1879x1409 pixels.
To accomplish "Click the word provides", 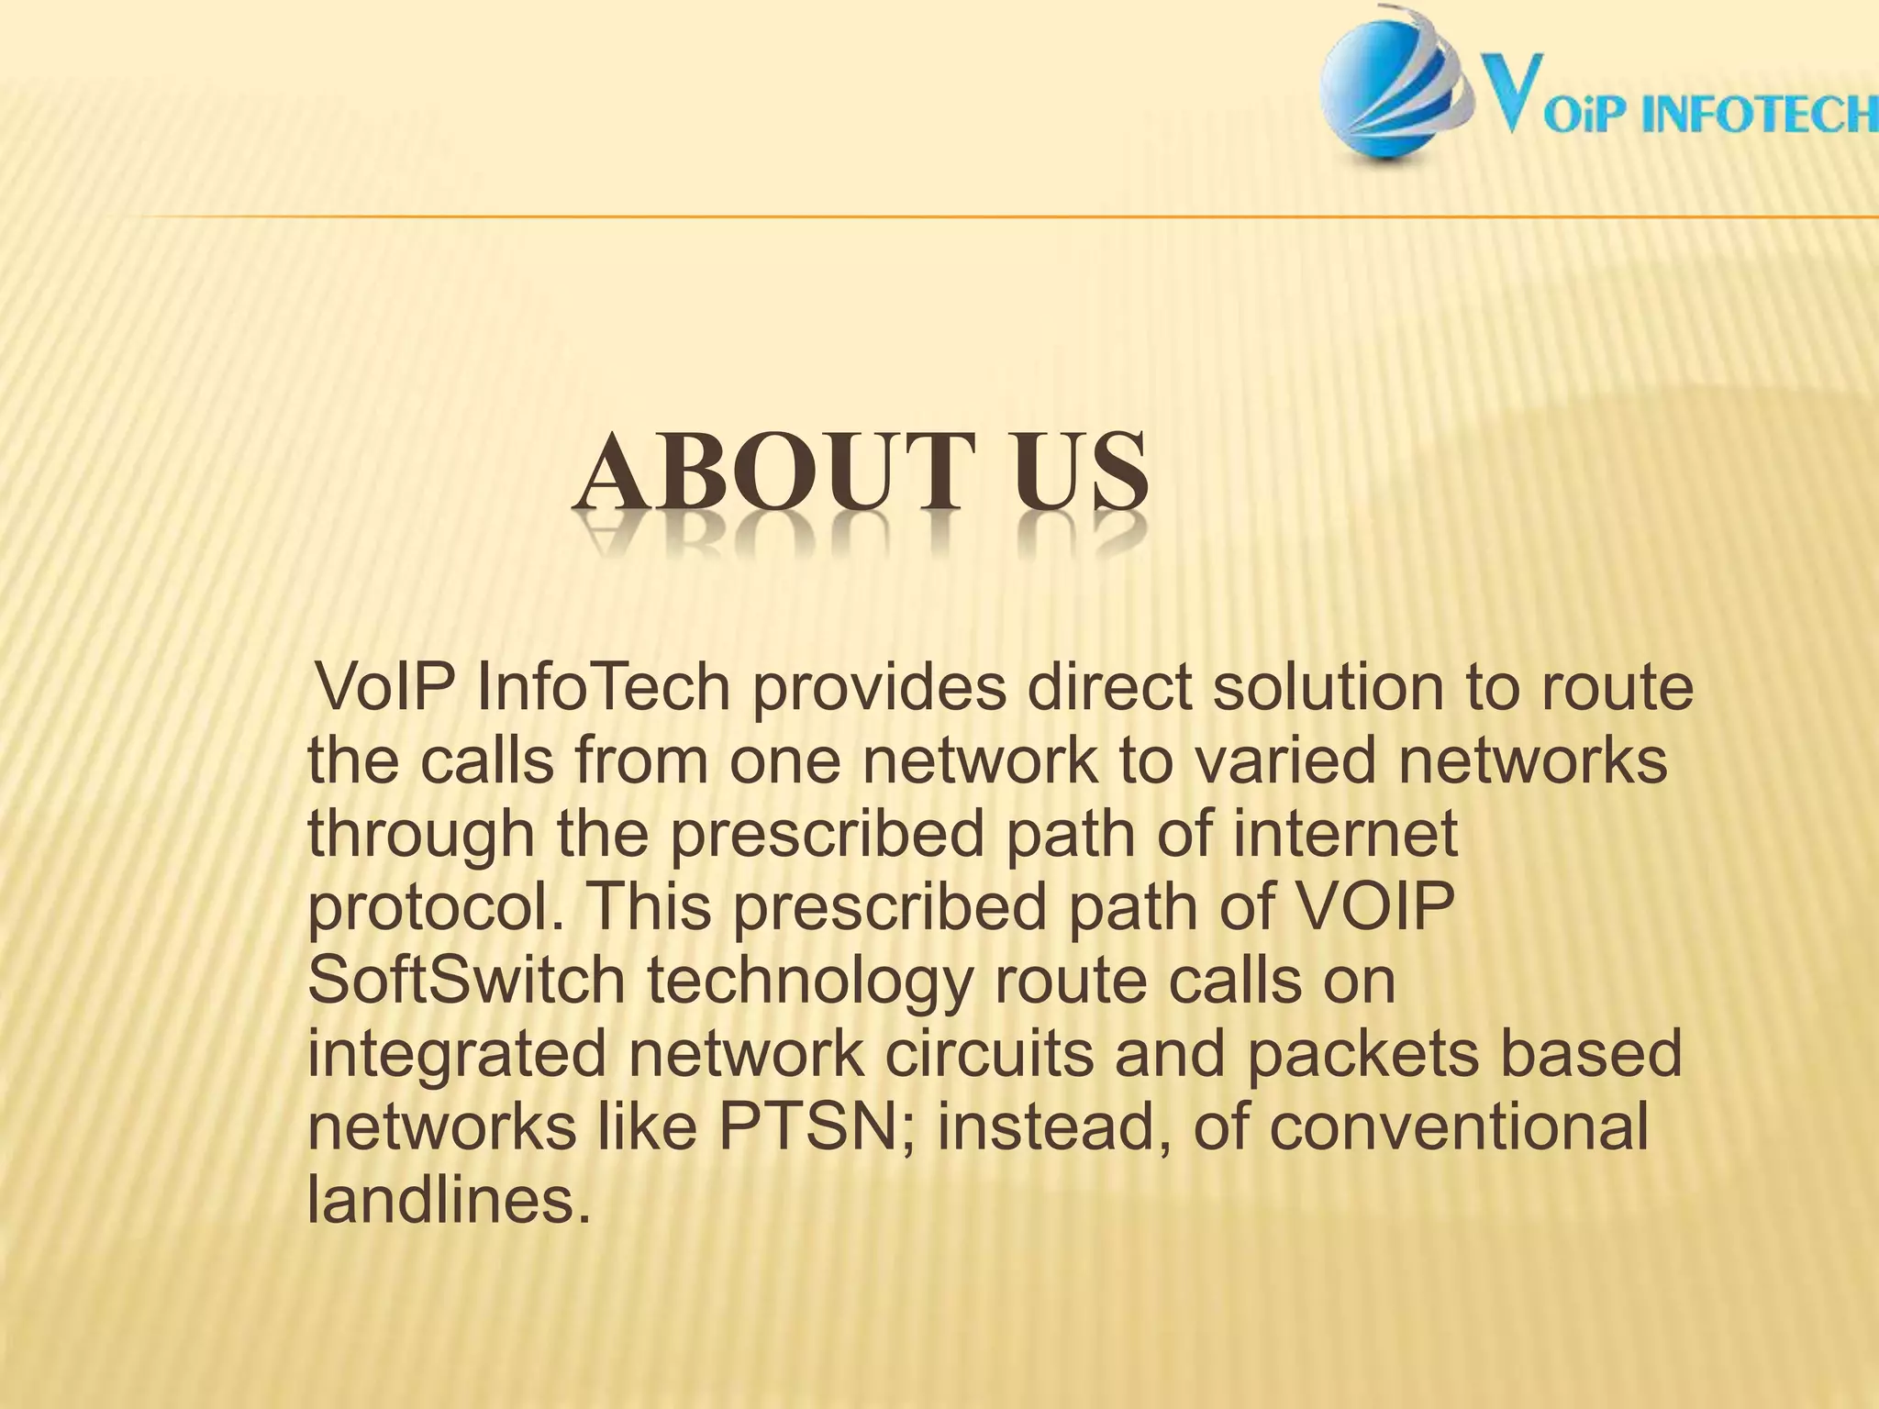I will click(880, 690).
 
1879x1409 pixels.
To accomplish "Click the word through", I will click(421, 837).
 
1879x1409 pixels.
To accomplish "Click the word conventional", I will click(1459, 1128).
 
